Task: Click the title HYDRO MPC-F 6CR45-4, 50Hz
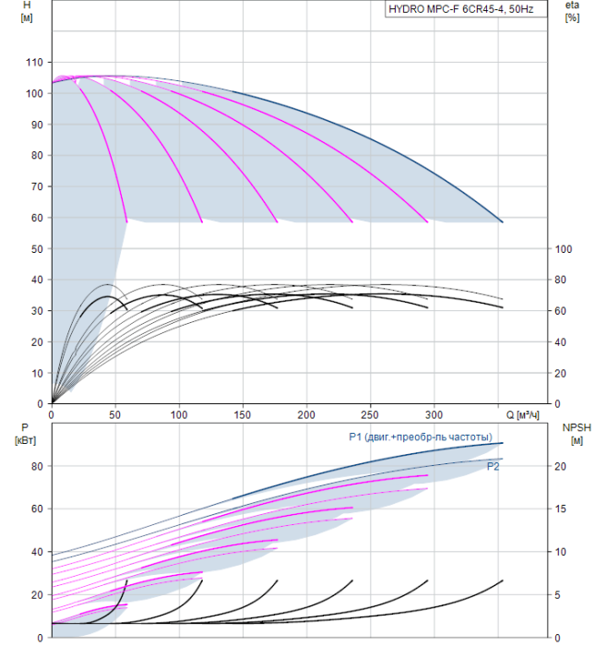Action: tap(461, 9)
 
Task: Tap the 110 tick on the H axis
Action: tap(34, 63)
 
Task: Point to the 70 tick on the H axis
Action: tap(37, 186)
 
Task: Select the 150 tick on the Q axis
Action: tap(243, 414)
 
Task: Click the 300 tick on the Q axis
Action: tap(434, 414)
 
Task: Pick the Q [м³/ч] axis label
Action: tap(522, 415)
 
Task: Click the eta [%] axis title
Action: tap(573, 11)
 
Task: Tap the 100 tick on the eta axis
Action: tap(564, 249)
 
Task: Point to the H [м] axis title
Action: tap(27, 11)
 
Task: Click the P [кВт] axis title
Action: tap(25, 435)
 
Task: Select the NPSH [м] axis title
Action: tap(577, 435)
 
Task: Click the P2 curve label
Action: tap(493, 466)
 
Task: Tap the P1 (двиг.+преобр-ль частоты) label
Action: tap(421, 437)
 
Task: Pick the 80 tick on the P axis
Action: tap(37, 466)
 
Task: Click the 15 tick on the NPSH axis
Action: tap(561, 508)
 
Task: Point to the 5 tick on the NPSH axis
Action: tap(557, 595)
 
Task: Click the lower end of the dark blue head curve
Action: tap(503, 222)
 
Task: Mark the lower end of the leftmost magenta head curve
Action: tap(126, 222)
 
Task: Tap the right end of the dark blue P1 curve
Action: tap(503, 443)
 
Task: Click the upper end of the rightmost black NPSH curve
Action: tap(503, 580)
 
